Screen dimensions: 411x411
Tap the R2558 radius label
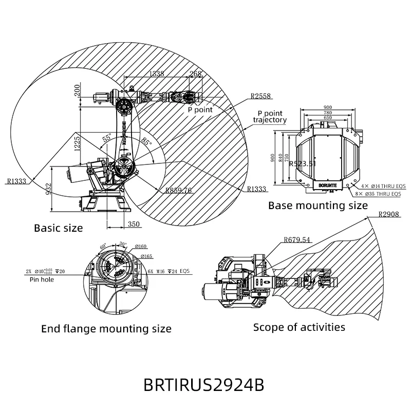[260, 96]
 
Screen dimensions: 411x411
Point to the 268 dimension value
[196, 73]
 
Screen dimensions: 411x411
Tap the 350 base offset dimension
[134, 224]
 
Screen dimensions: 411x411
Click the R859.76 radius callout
[178, 190]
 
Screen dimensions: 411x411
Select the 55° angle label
[107, 138]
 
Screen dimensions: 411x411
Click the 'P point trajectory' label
[270, 116]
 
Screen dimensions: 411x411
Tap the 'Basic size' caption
[58, 228]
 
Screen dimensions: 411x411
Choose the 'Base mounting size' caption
[318, 206]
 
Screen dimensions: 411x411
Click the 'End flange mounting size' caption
[106, 328]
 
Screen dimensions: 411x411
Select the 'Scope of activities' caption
[299, 327]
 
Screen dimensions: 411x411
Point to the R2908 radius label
[388, 214]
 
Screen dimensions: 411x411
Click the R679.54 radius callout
[297, 239]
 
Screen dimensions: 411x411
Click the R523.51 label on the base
[302, 164]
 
